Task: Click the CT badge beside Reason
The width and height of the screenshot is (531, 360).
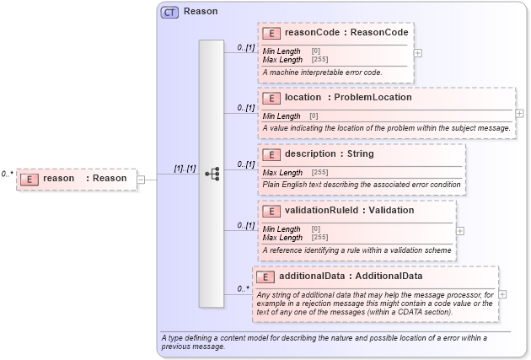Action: [x=169, y=12]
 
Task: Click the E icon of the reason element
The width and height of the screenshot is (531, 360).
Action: [x=29, y=179]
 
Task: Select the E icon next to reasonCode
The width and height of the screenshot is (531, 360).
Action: [x=271, y=34]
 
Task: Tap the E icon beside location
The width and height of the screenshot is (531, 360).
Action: [x=271, y=98]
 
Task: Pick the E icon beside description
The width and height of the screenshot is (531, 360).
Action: [x=271, y=154]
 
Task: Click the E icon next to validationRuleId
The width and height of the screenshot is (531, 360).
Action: [x=271, y=211]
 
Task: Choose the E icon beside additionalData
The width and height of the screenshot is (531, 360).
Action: [x=265, y=277]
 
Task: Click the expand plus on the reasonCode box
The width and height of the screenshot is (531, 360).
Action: [x=418, y=52]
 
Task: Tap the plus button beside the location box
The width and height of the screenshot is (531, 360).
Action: [x=519, y=113]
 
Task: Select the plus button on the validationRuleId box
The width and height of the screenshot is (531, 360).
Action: [x=459, y=230]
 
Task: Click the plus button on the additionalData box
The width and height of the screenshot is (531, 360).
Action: [x=502, y=294]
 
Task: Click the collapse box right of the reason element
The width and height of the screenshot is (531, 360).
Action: [x=141, y=179]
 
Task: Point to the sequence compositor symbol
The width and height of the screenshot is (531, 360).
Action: [x=212, y=174]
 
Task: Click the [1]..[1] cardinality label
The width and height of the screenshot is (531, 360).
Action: [x=185, y=169]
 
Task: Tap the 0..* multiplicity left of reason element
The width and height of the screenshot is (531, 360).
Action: [x=8, y=174]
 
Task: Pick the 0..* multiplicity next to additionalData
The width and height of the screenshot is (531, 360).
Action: [x=244, y=288]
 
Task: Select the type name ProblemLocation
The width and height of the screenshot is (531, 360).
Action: [x=373, y=97]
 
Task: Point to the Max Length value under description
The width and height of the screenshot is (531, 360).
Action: [x=319, y=172]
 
